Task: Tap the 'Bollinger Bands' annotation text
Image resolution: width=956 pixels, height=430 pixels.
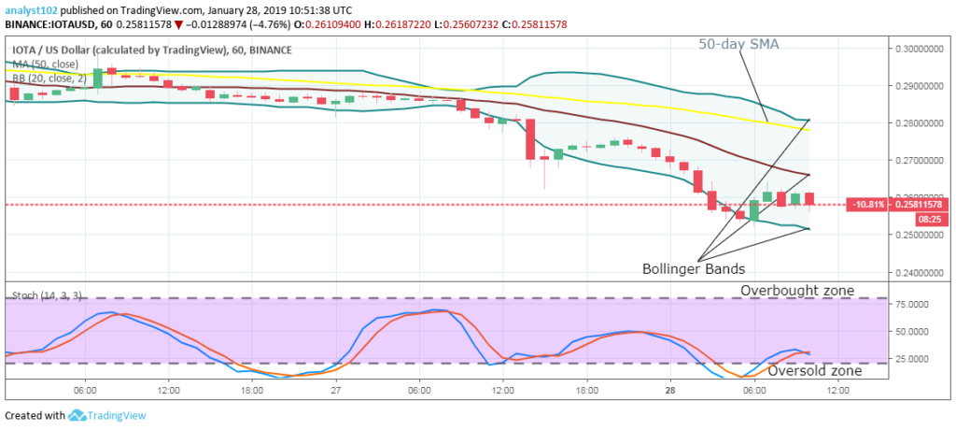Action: click(x=693, y=268)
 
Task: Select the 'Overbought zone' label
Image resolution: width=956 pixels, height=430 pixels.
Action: click(x=796, y=291)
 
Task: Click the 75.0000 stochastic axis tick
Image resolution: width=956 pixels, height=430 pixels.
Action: click(x=914, y=304)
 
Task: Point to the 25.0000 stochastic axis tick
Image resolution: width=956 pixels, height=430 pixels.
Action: click(x=914, y=359)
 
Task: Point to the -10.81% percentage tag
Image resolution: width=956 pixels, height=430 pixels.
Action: click(x=863, y=204)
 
